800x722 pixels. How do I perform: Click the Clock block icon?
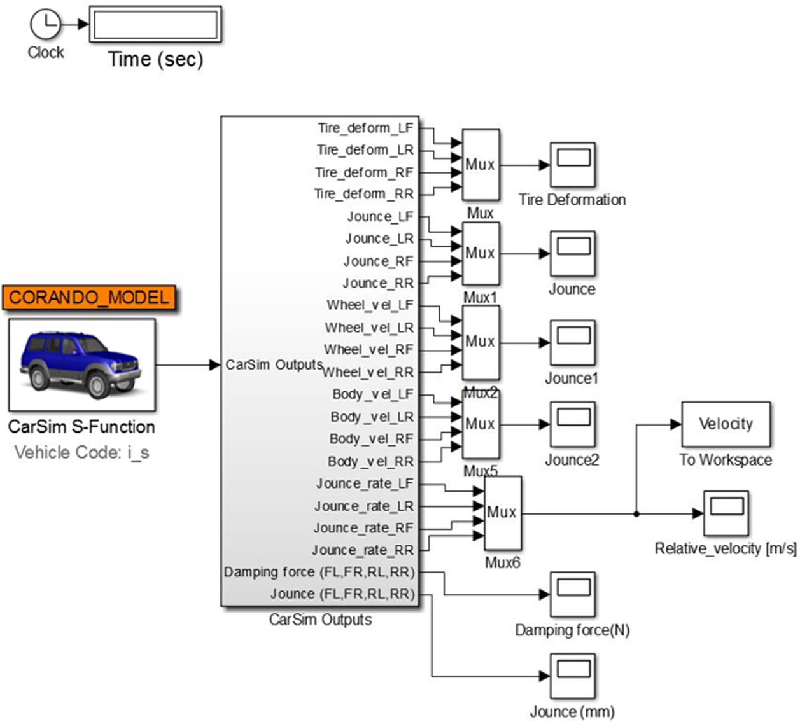click(x=45, y=25)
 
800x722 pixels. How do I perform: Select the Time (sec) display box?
click(x=155, y=25)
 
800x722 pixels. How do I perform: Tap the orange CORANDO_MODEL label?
click(x=89, y=298)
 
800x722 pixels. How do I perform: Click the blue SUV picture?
click(x=82, y=365)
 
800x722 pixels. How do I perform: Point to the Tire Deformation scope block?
click(x=573, y=165)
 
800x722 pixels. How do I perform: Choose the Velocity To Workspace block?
click(x=726, y=424)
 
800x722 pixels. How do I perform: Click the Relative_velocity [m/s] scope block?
click(x=726, y=513)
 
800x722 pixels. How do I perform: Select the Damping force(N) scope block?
click(x=573, y=594)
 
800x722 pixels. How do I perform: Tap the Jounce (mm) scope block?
click(x=573, y=676)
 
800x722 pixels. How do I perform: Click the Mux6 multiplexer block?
click(x=503, y=513)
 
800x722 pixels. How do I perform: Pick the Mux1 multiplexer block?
click(x=481, y=253)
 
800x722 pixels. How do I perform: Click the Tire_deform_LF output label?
click(x=365, y=128)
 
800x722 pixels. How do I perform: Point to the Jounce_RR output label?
click(x=378, y=283)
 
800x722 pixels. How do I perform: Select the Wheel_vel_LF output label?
click(x=370, y=305)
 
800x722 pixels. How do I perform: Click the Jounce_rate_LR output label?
click(x=363, y=506)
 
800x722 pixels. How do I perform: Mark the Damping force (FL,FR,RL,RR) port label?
click(x=319, y=572)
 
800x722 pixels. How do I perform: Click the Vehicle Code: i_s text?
click(x=81, y=453)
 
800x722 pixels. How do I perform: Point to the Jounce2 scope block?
click(x=573, y=424)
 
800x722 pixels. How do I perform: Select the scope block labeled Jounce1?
click(x=573, y=342)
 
